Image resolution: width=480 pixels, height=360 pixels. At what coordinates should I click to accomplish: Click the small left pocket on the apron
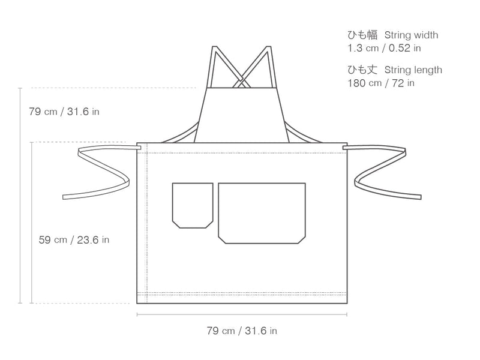click(193, 205)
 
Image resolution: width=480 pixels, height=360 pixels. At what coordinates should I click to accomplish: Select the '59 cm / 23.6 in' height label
click(74, 239)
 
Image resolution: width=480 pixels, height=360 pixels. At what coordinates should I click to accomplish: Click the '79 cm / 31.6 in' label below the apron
click(242, 331)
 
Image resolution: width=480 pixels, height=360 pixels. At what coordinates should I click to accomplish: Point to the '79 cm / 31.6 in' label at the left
click(64, 112)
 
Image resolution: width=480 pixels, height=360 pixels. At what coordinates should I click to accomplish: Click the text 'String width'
click(411, 35)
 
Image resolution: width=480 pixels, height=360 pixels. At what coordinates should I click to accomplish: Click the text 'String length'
click(413, 70)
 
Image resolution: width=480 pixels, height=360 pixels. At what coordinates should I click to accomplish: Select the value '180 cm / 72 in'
click(381, 83)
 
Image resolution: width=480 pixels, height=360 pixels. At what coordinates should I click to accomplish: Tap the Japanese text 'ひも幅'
click(362, 35)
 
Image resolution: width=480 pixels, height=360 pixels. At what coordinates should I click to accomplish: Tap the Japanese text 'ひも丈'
click(362, 70)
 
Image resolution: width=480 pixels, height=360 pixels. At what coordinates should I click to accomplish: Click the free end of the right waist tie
click(419, 197)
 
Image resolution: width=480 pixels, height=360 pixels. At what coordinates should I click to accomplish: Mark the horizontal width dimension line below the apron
click(242, 314)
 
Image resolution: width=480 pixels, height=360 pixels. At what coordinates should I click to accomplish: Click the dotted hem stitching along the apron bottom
click(242, 293)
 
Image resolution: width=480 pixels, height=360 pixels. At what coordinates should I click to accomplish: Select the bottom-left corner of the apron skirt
click(137, 303)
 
